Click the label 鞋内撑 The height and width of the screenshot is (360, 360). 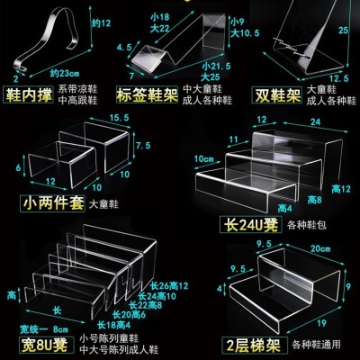[27, 94]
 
